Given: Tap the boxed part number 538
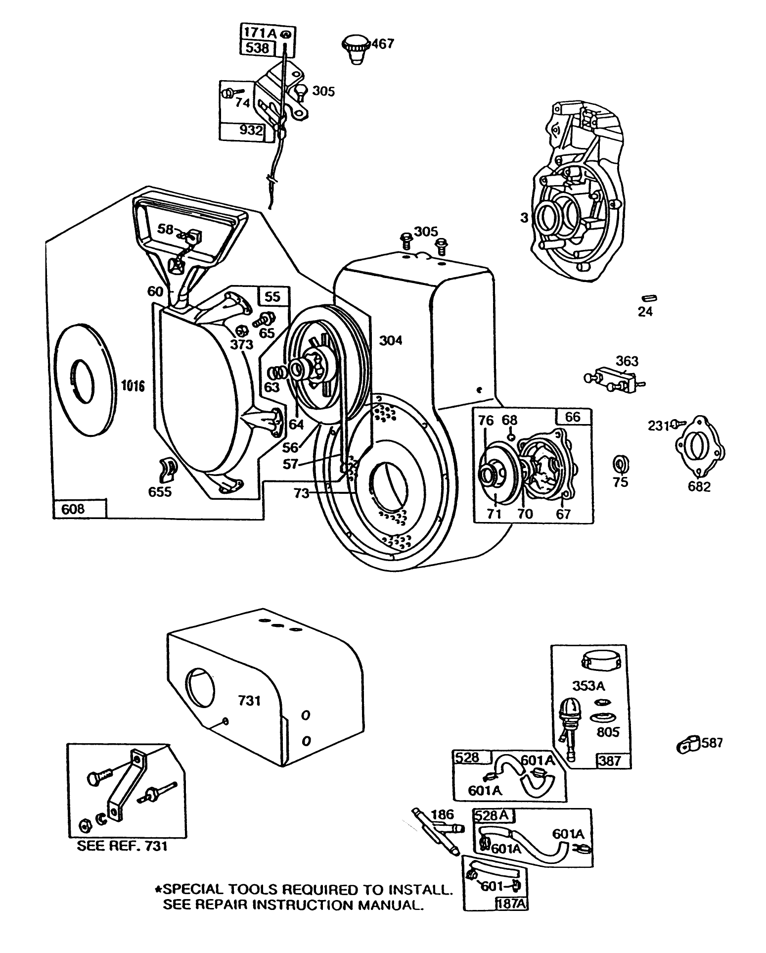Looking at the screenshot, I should [x=257, y=48].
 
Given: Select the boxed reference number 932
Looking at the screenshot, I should [x=251, y=130].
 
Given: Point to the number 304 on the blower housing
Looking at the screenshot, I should [x=391, y=340].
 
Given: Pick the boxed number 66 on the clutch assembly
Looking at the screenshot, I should [x=573, y=417].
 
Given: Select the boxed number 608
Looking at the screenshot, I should [x=73, y=509].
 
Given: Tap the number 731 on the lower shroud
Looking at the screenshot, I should [x=249, y=701].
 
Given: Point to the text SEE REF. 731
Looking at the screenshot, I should [x=122, y=846].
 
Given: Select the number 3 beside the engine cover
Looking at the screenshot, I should [x=524, y=217].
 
